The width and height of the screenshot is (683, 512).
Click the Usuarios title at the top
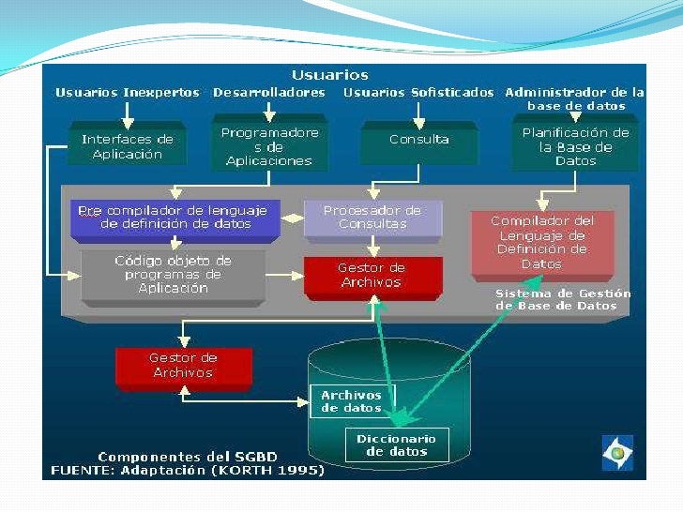pos(329,75)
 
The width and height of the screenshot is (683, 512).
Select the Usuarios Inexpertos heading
pos(128,93)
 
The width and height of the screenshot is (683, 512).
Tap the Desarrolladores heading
pos(269,93)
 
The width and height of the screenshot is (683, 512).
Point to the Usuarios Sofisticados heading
pos(418,93)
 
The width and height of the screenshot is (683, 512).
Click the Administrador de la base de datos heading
pos(574,98)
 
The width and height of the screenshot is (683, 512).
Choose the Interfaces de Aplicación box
pos(128,146)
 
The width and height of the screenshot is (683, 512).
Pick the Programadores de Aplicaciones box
pos(269,146)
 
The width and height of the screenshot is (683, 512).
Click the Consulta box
pos(419,140)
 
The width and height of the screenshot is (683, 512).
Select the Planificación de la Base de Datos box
pos(575,146)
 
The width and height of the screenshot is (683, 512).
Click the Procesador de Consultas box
pos(372,218)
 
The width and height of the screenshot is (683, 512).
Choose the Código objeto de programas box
pos(173,275)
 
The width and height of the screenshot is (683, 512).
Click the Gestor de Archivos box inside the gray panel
pos(372,275)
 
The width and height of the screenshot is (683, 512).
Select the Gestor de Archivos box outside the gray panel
pos(183,365)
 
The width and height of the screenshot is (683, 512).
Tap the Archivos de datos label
pos(352,401)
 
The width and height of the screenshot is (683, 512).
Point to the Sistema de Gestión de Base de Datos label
pos(563,299)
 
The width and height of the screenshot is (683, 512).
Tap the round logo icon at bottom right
pos(617,452)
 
